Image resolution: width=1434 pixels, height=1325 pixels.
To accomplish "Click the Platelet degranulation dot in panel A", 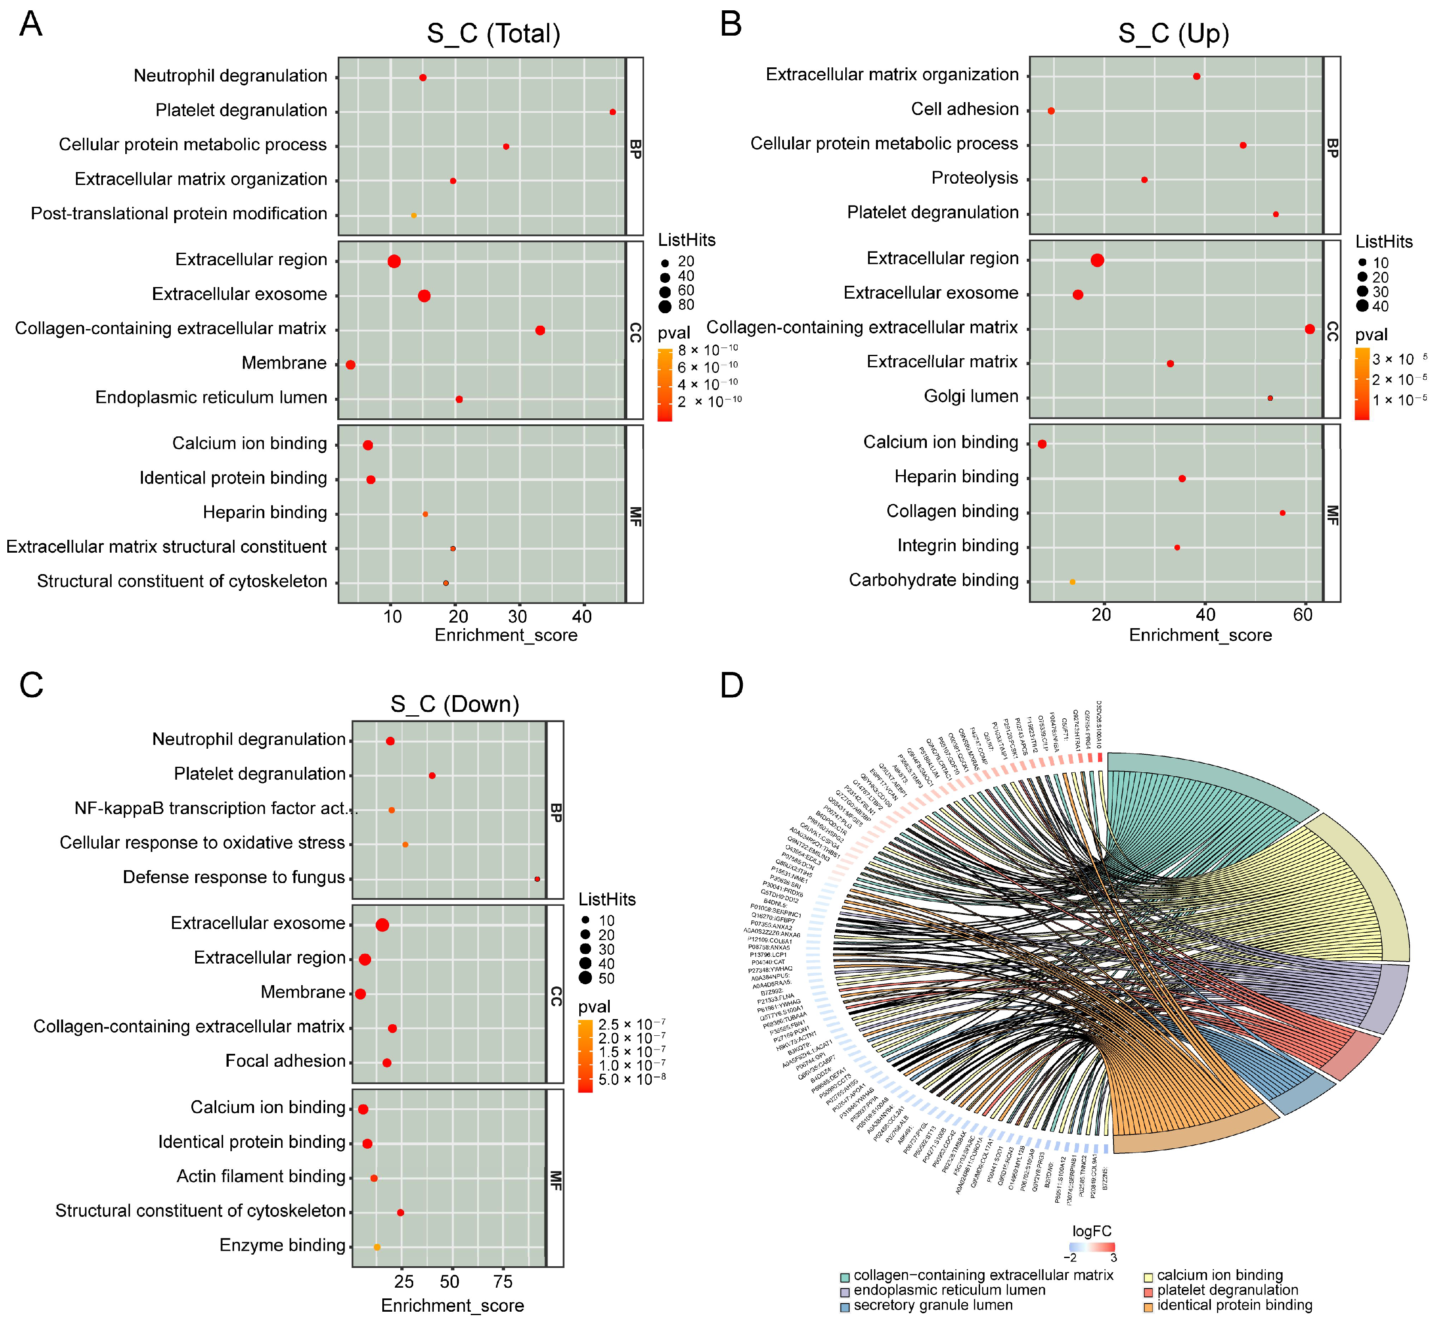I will coord(612,112).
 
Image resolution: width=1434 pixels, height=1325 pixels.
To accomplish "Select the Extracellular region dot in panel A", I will coord(393,261).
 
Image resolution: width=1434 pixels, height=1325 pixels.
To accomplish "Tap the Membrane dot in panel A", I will coord(351,365).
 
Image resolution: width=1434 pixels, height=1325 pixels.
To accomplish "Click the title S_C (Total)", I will coord(493,34).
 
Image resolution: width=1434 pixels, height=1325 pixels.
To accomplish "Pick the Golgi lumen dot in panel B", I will coord(1270,398).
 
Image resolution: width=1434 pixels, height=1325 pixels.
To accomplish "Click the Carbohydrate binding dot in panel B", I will coord(1072,581).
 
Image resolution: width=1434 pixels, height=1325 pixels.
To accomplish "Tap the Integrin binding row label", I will coord(957,546).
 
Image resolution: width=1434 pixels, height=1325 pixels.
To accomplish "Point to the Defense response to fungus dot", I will coord(537,879).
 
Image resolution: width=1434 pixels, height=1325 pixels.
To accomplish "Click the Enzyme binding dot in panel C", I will coord(377,1247).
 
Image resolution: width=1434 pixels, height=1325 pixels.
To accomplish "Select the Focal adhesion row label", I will coord(285,1061).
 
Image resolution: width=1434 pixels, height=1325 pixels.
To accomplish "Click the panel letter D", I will coord(731,685).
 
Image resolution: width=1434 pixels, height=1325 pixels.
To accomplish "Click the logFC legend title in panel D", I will coord(1091,1231).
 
